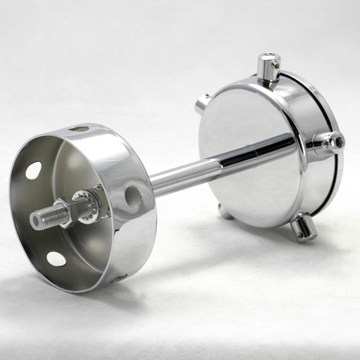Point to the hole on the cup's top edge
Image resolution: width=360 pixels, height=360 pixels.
tap(79, 128)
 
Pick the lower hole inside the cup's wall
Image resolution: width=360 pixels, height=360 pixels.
tap(56, 259)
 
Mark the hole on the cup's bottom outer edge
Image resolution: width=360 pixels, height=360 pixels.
tap(115, 279)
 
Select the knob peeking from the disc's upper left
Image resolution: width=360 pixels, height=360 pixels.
tap(202, 104)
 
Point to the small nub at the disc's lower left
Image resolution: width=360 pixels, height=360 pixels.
tap(225, 215)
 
